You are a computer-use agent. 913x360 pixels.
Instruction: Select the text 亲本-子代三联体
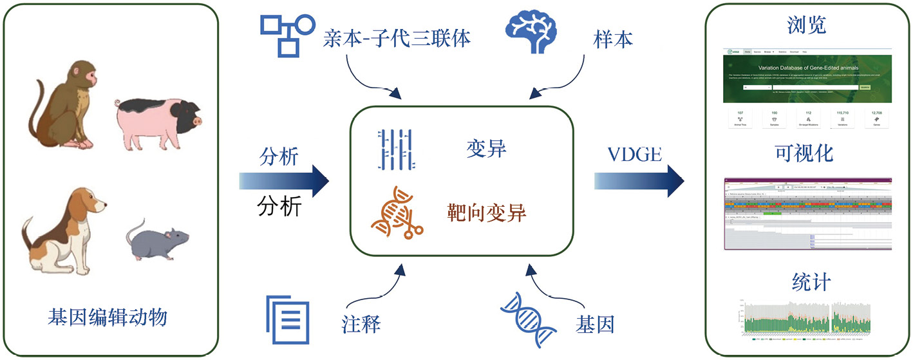[x=397, y=39]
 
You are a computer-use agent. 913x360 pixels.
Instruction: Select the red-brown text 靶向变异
[x=487, y=212]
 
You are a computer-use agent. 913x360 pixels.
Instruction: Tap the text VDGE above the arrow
[x=634, y=155]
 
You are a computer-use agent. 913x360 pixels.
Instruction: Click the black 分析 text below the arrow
[x=279, y=207]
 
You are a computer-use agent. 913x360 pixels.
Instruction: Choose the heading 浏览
[x=807, y=25]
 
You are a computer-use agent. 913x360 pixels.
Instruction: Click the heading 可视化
[x=807, y=153]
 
